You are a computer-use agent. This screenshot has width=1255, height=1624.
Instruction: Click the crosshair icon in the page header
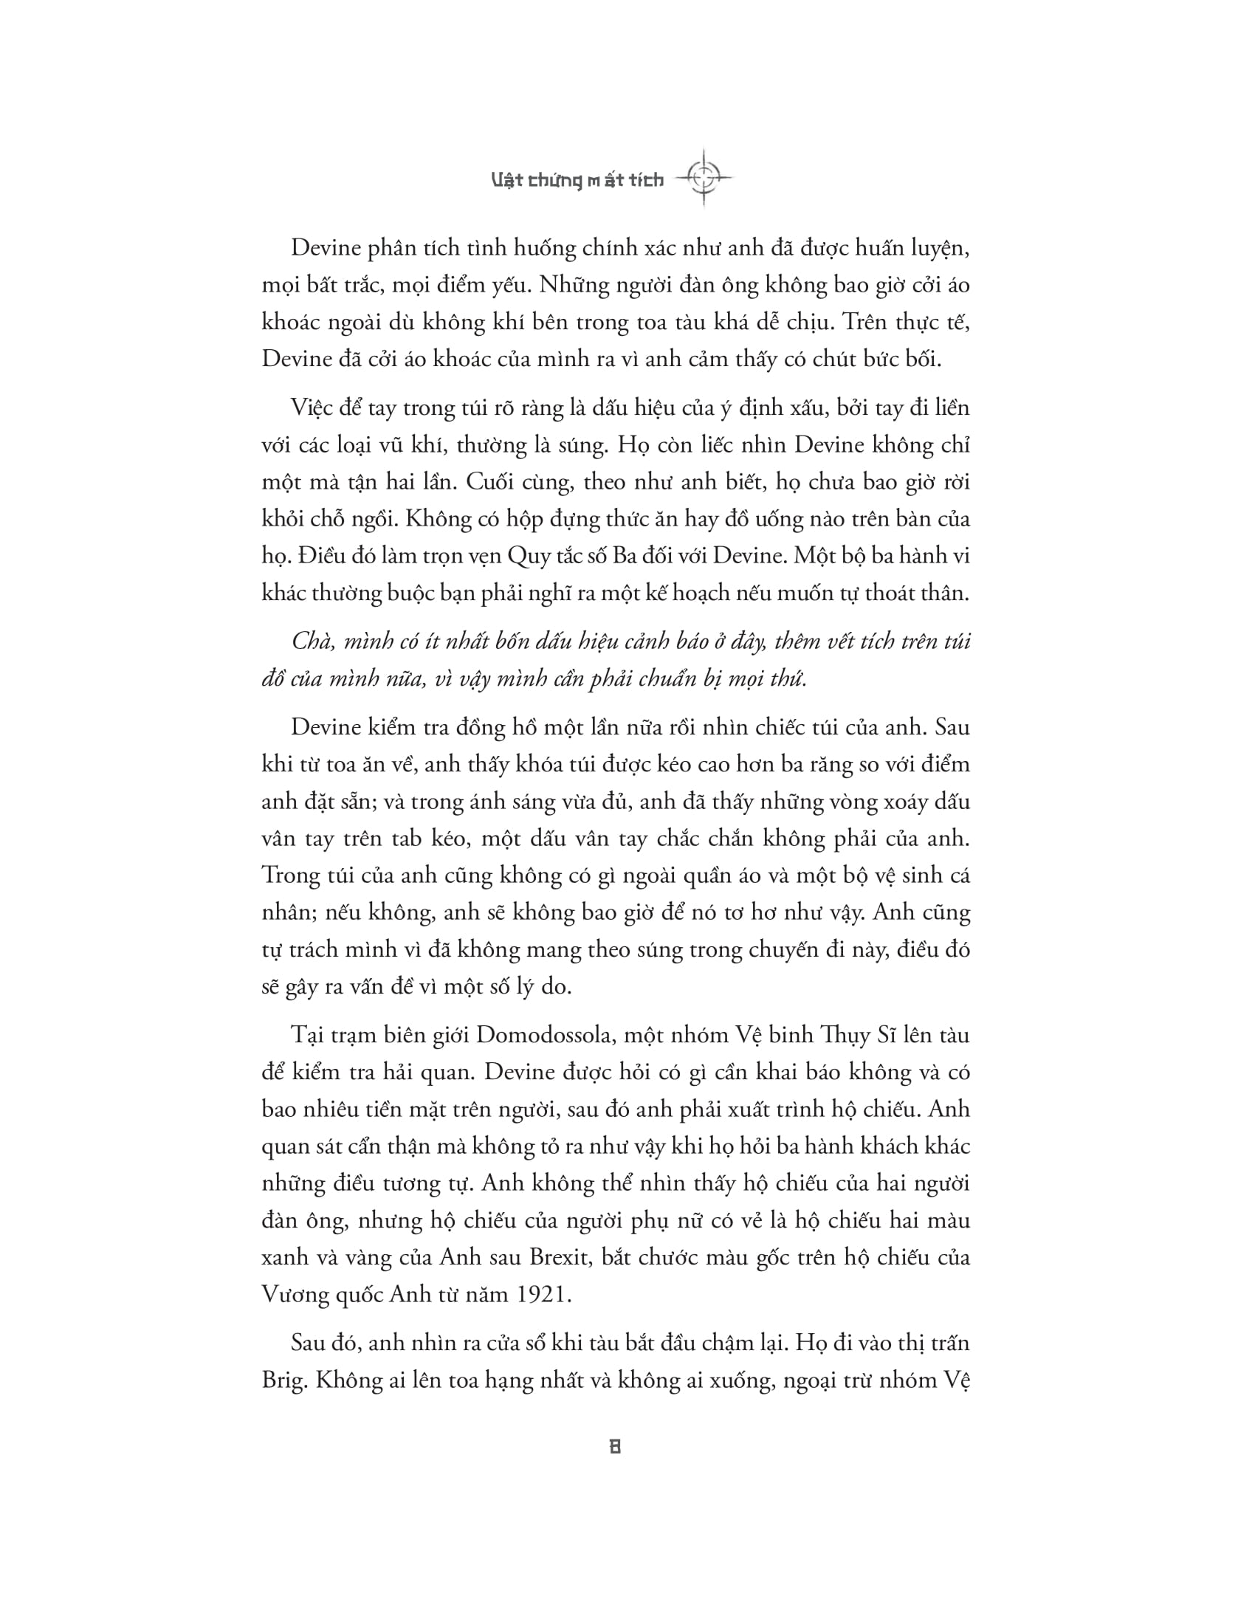tap(704, 178)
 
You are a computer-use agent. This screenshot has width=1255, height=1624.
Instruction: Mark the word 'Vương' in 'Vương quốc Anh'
tap(295, 1295)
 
